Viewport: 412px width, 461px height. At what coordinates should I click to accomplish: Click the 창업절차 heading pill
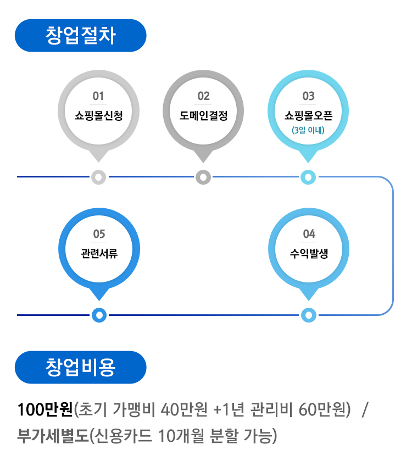pyautogui.click(x=81, y=36)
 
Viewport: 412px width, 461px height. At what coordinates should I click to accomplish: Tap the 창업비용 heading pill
pyautogui.click(x=81, y=368)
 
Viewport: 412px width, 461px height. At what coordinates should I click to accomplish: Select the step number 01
pyautogui.click(x=98, y=97)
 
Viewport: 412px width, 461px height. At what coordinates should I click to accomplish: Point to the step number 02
pyautogui.click(x=203, y=97)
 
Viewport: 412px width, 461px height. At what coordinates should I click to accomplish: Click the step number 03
pyautogui.click(x=308, y=97)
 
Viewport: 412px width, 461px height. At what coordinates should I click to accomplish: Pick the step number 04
pyautogui.click(x=309, y=235)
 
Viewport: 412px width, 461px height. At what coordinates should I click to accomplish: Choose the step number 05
pyautogui.click(x=99, y=235)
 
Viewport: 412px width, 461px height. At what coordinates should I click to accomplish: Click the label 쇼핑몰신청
pyautogui.click(x=98, y=115)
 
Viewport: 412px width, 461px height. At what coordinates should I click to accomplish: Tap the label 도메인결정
pyautogui.click(x=203, y=115)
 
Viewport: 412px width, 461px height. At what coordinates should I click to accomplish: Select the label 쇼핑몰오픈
pyautogui.click(x=308, y=115)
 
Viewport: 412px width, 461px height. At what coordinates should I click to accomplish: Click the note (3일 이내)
pyautogui.click(x=308, y=131)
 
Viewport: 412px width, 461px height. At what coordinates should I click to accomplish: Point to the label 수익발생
pyautogui.click(x=309, y=253)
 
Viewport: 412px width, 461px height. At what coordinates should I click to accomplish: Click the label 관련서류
pyautogui.click(x=99, y=253)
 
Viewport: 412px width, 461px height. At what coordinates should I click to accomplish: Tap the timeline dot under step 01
pyautogui.click(x=98, y=177)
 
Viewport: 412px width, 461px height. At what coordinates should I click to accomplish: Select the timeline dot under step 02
pyautogui.click(x=203, y=177)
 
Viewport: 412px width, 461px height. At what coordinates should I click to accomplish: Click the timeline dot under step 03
pyautogui.click(x=308, y=177)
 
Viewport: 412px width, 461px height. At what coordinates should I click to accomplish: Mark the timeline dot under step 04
pyautogui.click(x=309, y=315)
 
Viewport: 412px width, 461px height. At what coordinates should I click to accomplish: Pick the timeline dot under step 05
pyautogui.click(x=99, y=315)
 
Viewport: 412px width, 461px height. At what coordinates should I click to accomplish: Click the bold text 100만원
pyautogui.click(x=45, y=410)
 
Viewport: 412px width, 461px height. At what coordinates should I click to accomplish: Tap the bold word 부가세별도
pyautogui.click(x=53, y=436)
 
